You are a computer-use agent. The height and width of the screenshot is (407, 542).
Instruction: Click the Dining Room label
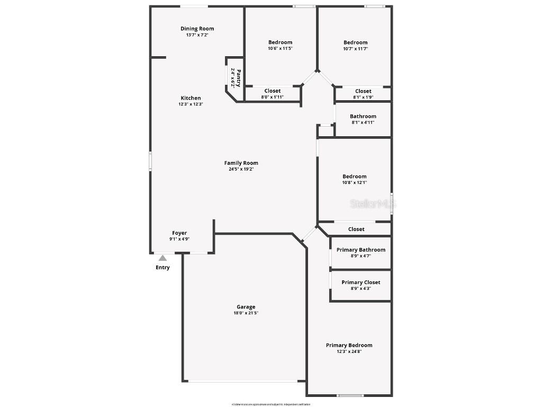pyautogui.click(x=197, y=29)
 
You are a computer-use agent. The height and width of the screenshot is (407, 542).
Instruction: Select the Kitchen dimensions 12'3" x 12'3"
pyautogui.click(x=191, y=104)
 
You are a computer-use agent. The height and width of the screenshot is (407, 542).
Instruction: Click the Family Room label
pyautogui.click(x=241, y=163)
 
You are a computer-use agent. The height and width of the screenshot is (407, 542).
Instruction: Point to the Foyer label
pyautogui.click(x=179, y=233)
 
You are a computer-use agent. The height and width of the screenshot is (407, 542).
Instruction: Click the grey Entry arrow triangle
pyautogui.click(x=163, y=258)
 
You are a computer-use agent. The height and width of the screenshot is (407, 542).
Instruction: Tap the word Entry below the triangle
pyautogui.click(x=162, y=268)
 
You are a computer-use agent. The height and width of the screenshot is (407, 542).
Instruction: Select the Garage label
pyautogui.click(x=246, y=307)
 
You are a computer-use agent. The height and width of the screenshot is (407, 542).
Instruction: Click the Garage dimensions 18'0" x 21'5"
pyautogui.click(x=246, y=313)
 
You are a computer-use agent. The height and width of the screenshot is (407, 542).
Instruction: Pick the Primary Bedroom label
pyautogui.click(x=349, y=346)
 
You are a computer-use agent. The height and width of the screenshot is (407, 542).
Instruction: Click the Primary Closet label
pyautogui.click(x=360, y=282)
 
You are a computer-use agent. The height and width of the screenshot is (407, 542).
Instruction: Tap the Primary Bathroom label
pyautogui.click(x=360, y=250)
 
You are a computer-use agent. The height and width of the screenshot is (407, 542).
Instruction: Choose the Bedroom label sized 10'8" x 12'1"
pyautogui.click(x=354, y=176)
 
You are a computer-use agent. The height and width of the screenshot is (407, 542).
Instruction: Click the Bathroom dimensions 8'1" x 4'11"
pyautogui.click(x=363, y=122)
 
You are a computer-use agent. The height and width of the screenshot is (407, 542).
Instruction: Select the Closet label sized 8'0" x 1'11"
pyautogui.click(x=273, y=91)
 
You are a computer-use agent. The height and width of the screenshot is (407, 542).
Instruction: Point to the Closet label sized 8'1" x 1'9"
pyautogui.click(x=363, y=91)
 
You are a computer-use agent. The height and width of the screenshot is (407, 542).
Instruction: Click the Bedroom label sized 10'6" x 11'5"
pyautogui.click(x=280, y=42)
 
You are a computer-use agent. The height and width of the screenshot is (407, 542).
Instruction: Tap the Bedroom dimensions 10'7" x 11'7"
pyautogui.click(x=355, y=49)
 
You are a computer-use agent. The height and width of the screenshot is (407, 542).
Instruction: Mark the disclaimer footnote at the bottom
pyautogui.click(x=270, y=404)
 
